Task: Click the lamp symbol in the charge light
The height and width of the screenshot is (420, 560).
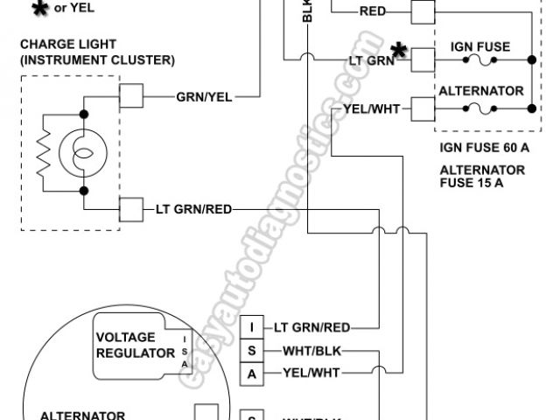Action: (78, 152)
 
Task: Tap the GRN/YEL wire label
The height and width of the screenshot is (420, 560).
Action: (204, 96)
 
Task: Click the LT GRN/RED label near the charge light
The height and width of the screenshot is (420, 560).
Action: (194, 209)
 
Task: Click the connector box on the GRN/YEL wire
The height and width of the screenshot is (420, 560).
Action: (131, 96)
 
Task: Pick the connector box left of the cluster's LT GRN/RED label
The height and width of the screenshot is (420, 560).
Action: (131, 209)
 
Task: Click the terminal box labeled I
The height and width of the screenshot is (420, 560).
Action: (252, 328)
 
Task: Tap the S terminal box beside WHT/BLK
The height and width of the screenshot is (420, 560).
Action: (252, 352)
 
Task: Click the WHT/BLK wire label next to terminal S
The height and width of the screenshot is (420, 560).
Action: (312, 352)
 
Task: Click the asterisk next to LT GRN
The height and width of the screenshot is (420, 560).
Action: (399, 51)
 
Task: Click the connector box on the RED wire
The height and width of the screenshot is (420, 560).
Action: (423, 11)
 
